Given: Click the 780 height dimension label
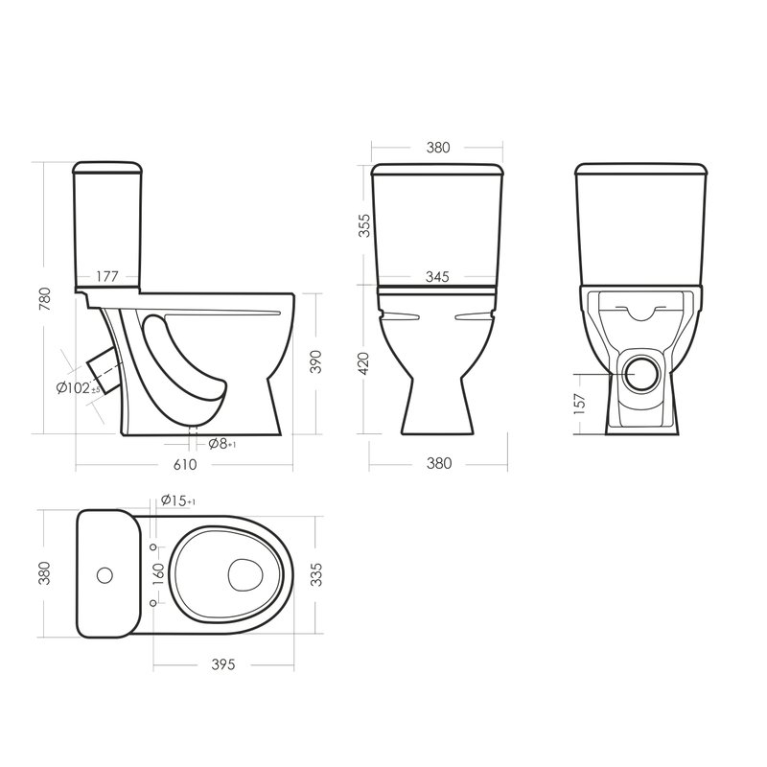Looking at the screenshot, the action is pyautogui.click(x=44, y=300).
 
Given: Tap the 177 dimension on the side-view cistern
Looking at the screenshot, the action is pyautogui.click(x=107, y=276).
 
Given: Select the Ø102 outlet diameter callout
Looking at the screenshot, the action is pyautogui.click(x=79, y=388).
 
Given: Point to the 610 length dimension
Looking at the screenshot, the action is pyautogui.click(x=185, y=464).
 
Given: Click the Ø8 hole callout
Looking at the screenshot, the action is pyautogui.click(x=222, y=444).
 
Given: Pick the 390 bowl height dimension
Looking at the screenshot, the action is pyautogui.click(x=316, y=362).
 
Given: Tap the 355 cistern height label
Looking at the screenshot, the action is pyautogui.click(x=364, y=225).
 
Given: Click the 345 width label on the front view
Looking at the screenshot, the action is pyautogui.click(x=437, y=277).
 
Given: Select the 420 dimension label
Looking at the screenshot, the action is pyautogui.click(x=364, y=363).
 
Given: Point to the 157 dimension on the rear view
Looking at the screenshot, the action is pyautogui.click(x=579, y=404).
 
